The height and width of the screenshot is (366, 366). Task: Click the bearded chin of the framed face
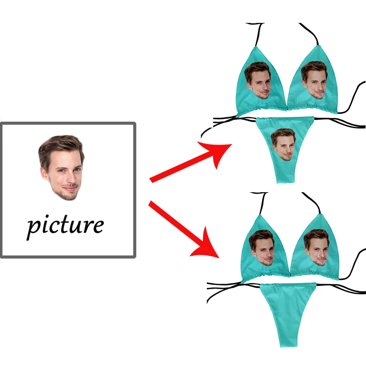(69, 196)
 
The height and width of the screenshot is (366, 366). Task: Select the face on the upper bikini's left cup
(258, 80)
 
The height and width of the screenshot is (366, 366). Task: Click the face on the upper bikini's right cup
(314, 80)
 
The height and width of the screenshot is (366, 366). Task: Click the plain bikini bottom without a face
(288, 311)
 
